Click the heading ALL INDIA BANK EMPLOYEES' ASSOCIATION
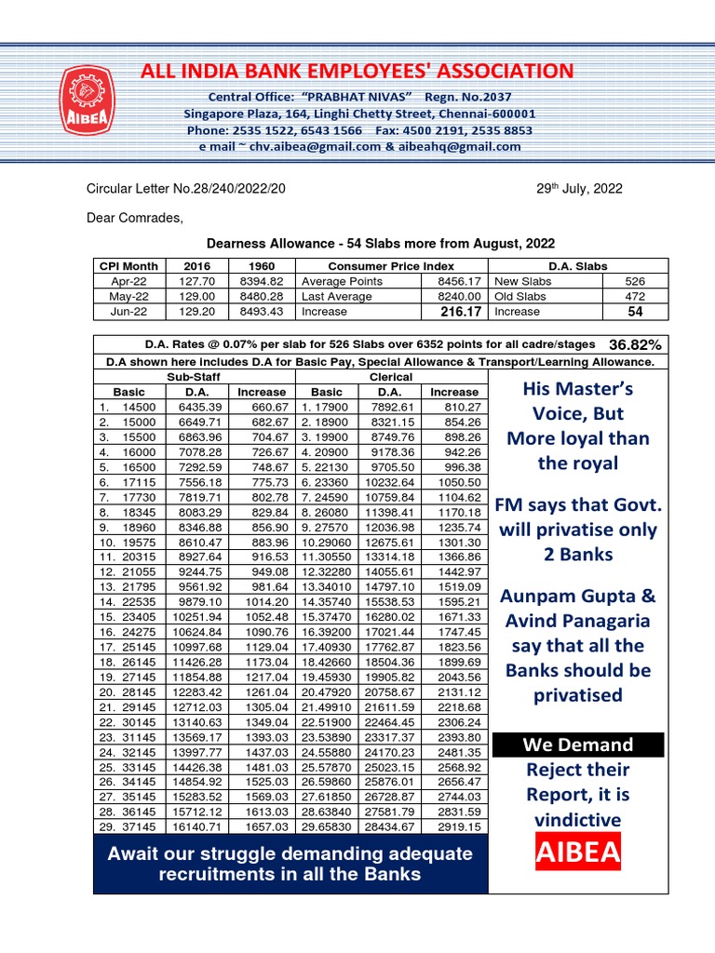[x=357, y=71]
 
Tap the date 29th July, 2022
[x=579, y=188]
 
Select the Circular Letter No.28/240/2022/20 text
[x=186, y=188]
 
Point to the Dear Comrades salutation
[x=135, y=218]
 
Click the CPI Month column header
[x=128, y=266]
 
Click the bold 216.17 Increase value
[x=461, y=312]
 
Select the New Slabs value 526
[x=635, y=281]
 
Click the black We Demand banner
[x=577, y=745]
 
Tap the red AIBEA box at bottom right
[x=577, y=852]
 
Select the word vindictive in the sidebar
[x=577, y=819]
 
